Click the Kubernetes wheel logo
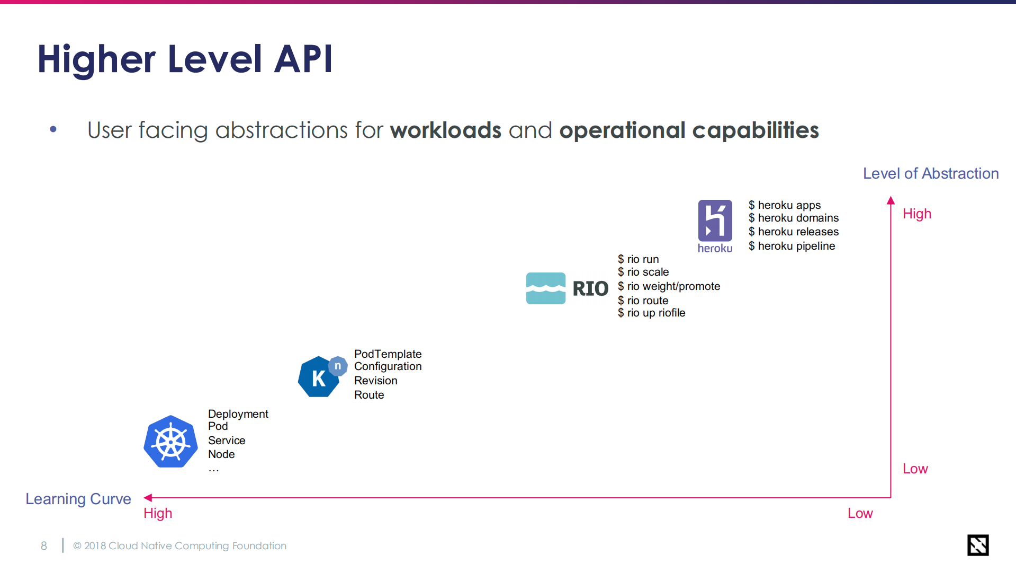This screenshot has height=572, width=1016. pyautogui.click(x=170, y=442)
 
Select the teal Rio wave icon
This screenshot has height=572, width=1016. pyautogui.click(x=545, y=288)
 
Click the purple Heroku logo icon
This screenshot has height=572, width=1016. pyautogui.click(x=715, y=221)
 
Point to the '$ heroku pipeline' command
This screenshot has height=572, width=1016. pyautogui.click(x=792, y=246)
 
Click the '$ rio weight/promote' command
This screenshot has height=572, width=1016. pyautogui.click(x=669, y=286)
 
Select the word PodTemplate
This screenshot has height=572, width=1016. pyautogui.click(x=388, y=354)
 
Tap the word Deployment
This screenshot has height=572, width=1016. pyautogui.click(x=238, y=414)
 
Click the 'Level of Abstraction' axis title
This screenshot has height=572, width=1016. pyautogui.click(x=930, y=173)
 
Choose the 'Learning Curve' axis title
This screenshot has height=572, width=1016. pyautogui.click(x=78, y=499)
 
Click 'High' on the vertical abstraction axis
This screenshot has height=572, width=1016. pyautogui.click(x=916, y=214)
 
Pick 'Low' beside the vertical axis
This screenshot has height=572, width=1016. pyautogui.click(x=915, y=469)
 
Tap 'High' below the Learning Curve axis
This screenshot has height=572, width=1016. pyautogui.click(x=158, y=513)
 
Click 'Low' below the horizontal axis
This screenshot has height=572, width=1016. pyautogui.click(x=860, y=513)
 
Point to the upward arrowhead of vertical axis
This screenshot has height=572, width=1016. pyautogui.click(x=891, y=200)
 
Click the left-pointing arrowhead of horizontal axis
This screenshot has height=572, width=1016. pyautogui.click(x=148, y=498)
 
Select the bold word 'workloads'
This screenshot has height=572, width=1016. pyautogui.click(x=445, y=130)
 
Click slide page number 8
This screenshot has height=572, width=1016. pyautogui.click(x=44, y=546)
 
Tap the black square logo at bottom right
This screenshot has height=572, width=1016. pyautogui.click(x=977, y=545)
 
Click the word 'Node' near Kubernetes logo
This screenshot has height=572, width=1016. pyautogui.click(x=221, y=454)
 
